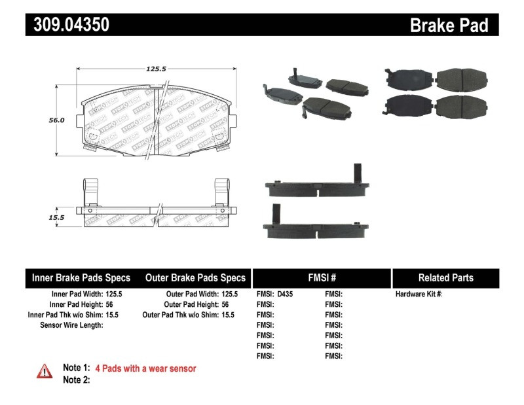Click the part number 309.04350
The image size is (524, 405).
tap(67, 25)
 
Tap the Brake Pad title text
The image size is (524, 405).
tap(449, 25)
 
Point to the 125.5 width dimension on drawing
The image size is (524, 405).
tap(155, 67)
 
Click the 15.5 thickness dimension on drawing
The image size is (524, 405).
tap(56, 217)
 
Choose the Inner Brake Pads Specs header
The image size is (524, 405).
tap(81, 277)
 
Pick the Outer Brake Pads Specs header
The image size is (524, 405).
tap(195, 277)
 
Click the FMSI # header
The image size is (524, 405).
tap(322, 277)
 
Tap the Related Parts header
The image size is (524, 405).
tap(445, 277)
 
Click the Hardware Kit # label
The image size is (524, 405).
tap(419, 294)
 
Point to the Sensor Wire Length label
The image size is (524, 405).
tap(72, 325)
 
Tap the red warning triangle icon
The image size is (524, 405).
tap(45, 370)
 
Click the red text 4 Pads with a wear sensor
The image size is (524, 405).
tap(145, 368)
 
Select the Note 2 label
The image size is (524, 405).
tap(76, 379)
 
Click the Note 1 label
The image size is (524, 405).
tap(76, 368)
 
